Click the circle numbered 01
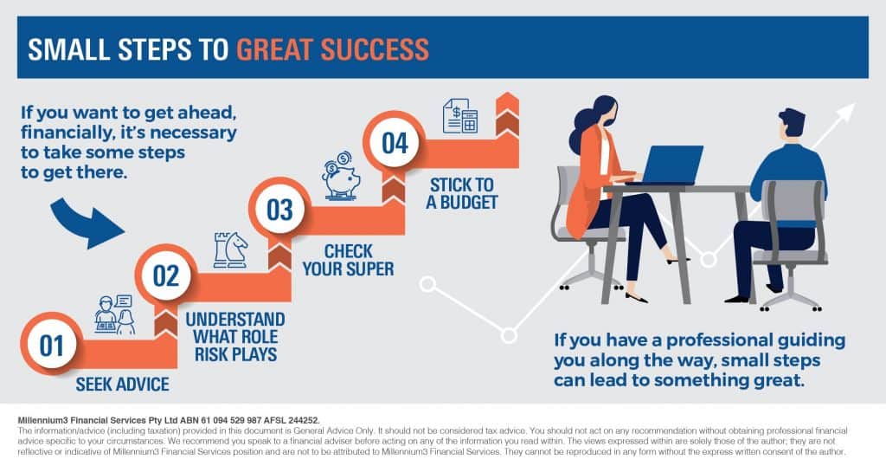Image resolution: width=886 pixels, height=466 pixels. coord(51,344)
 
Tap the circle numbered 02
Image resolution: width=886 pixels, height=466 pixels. coord(166,275)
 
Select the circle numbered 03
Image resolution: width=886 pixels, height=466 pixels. coord(280,209)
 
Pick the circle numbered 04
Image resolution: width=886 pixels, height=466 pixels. coord(395,142)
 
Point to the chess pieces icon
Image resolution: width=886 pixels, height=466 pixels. coord(230,250)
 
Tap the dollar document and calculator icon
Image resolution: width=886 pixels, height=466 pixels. coord(460,116)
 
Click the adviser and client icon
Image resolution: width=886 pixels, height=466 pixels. coord(115,314)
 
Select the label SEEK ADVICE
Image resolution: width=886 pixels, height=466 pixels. coord(123,384)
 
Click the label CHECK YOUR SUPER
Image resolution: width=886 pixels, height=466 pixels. coord(348,260)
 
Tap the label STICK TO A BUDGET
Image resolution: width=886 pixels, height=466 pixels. coord(462,193)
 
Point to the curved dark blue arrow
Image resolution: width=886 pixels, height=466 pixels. coord(86,223)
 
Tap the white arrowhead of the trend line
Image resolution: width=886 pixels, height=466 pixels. coord(844,113)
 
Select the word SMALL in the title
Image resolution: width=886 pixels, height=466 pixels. coord(68,49)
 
